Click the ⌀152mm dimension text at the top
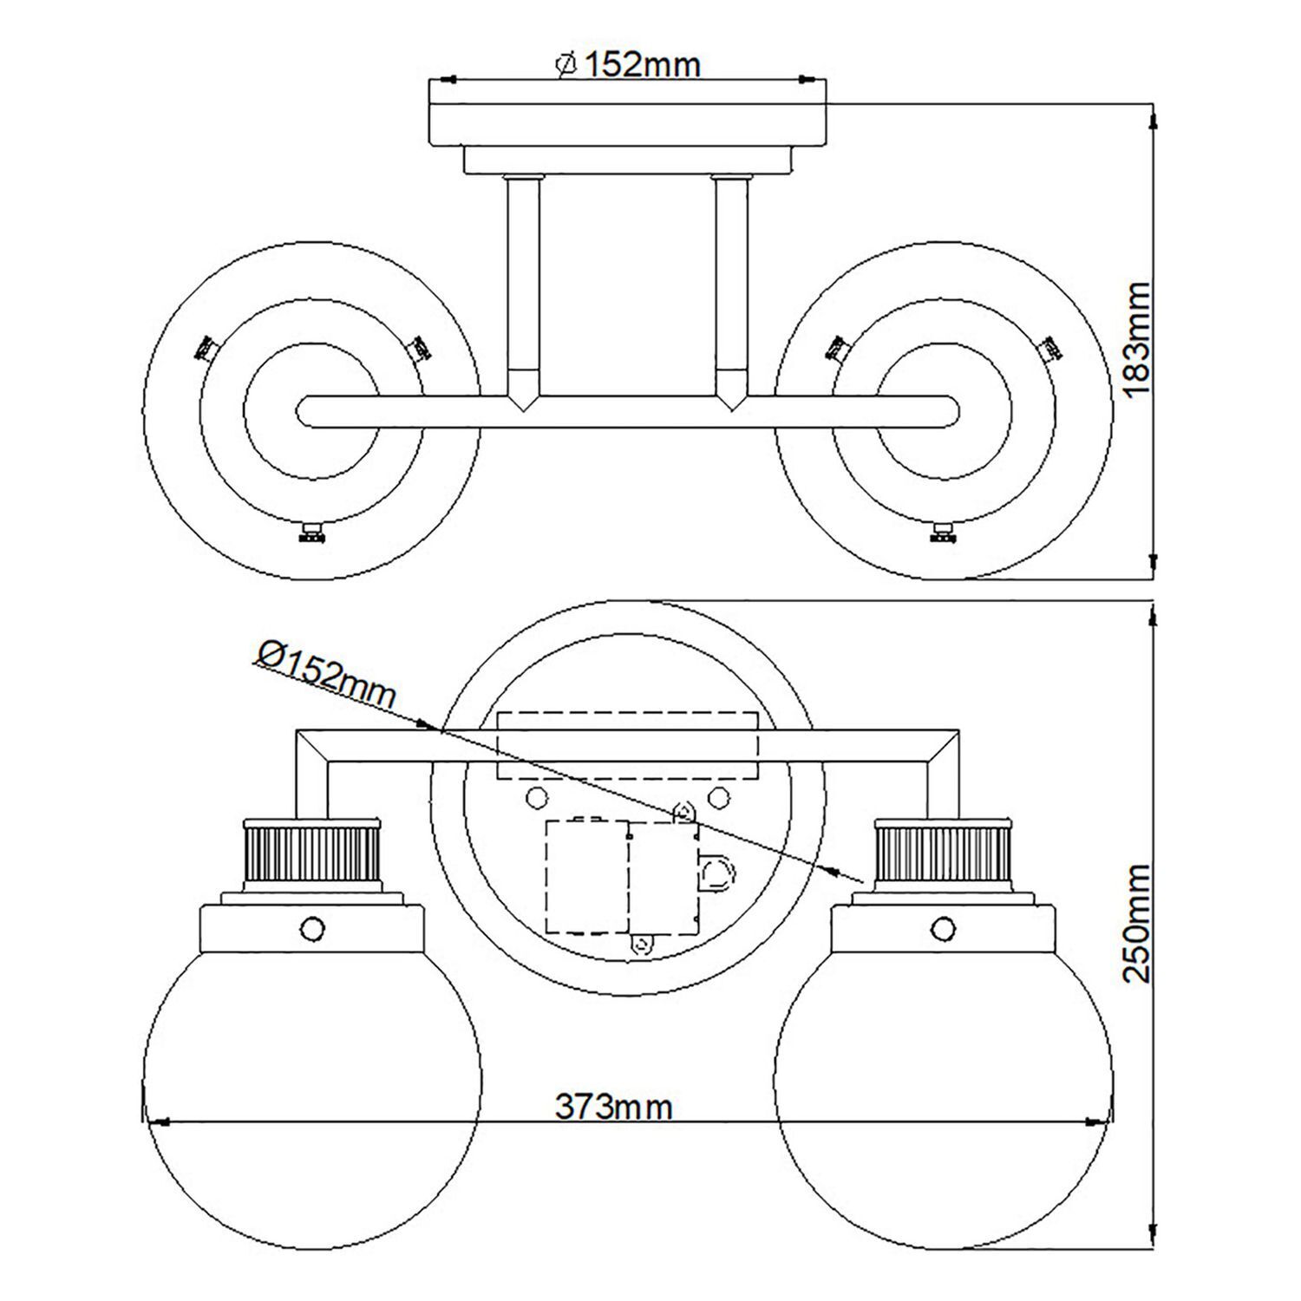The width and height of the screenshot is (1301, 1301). (626, 63)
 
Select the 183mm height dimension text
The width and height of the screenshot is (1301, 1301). (1135, 339)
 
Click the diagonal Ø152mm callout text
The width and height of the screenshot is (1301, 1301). (325, 672)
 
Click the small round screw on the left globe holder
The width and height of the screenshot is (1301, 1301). (312, 928)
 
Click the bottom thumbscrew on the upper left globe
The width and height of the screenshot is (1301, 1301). (311, 533)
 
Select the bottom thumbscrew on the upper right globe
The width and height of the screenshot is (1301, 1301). (942, 533)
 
